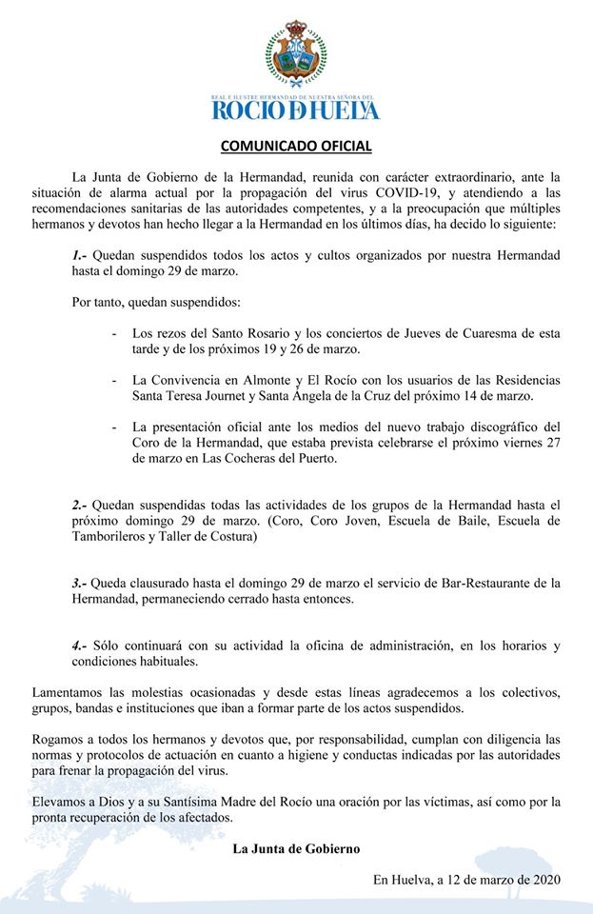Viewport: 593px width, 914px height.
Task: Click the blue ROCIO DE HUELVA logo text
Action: click(296, 109)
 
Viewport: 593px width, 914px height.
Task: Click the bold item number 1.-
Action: click(80, 255)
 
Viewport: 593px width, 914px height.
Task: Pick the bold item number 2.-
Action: click(80, 504)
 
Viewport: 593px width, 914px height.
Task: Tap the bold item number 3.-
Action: click(80, 582)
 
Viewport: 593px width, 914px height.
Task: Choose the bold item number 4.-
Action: click(80, 645)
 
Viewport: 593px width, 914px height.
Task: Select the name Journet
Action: click(234, 395)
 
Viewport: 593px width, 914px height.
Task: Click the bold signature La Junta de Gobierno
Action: click(296, 848)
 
